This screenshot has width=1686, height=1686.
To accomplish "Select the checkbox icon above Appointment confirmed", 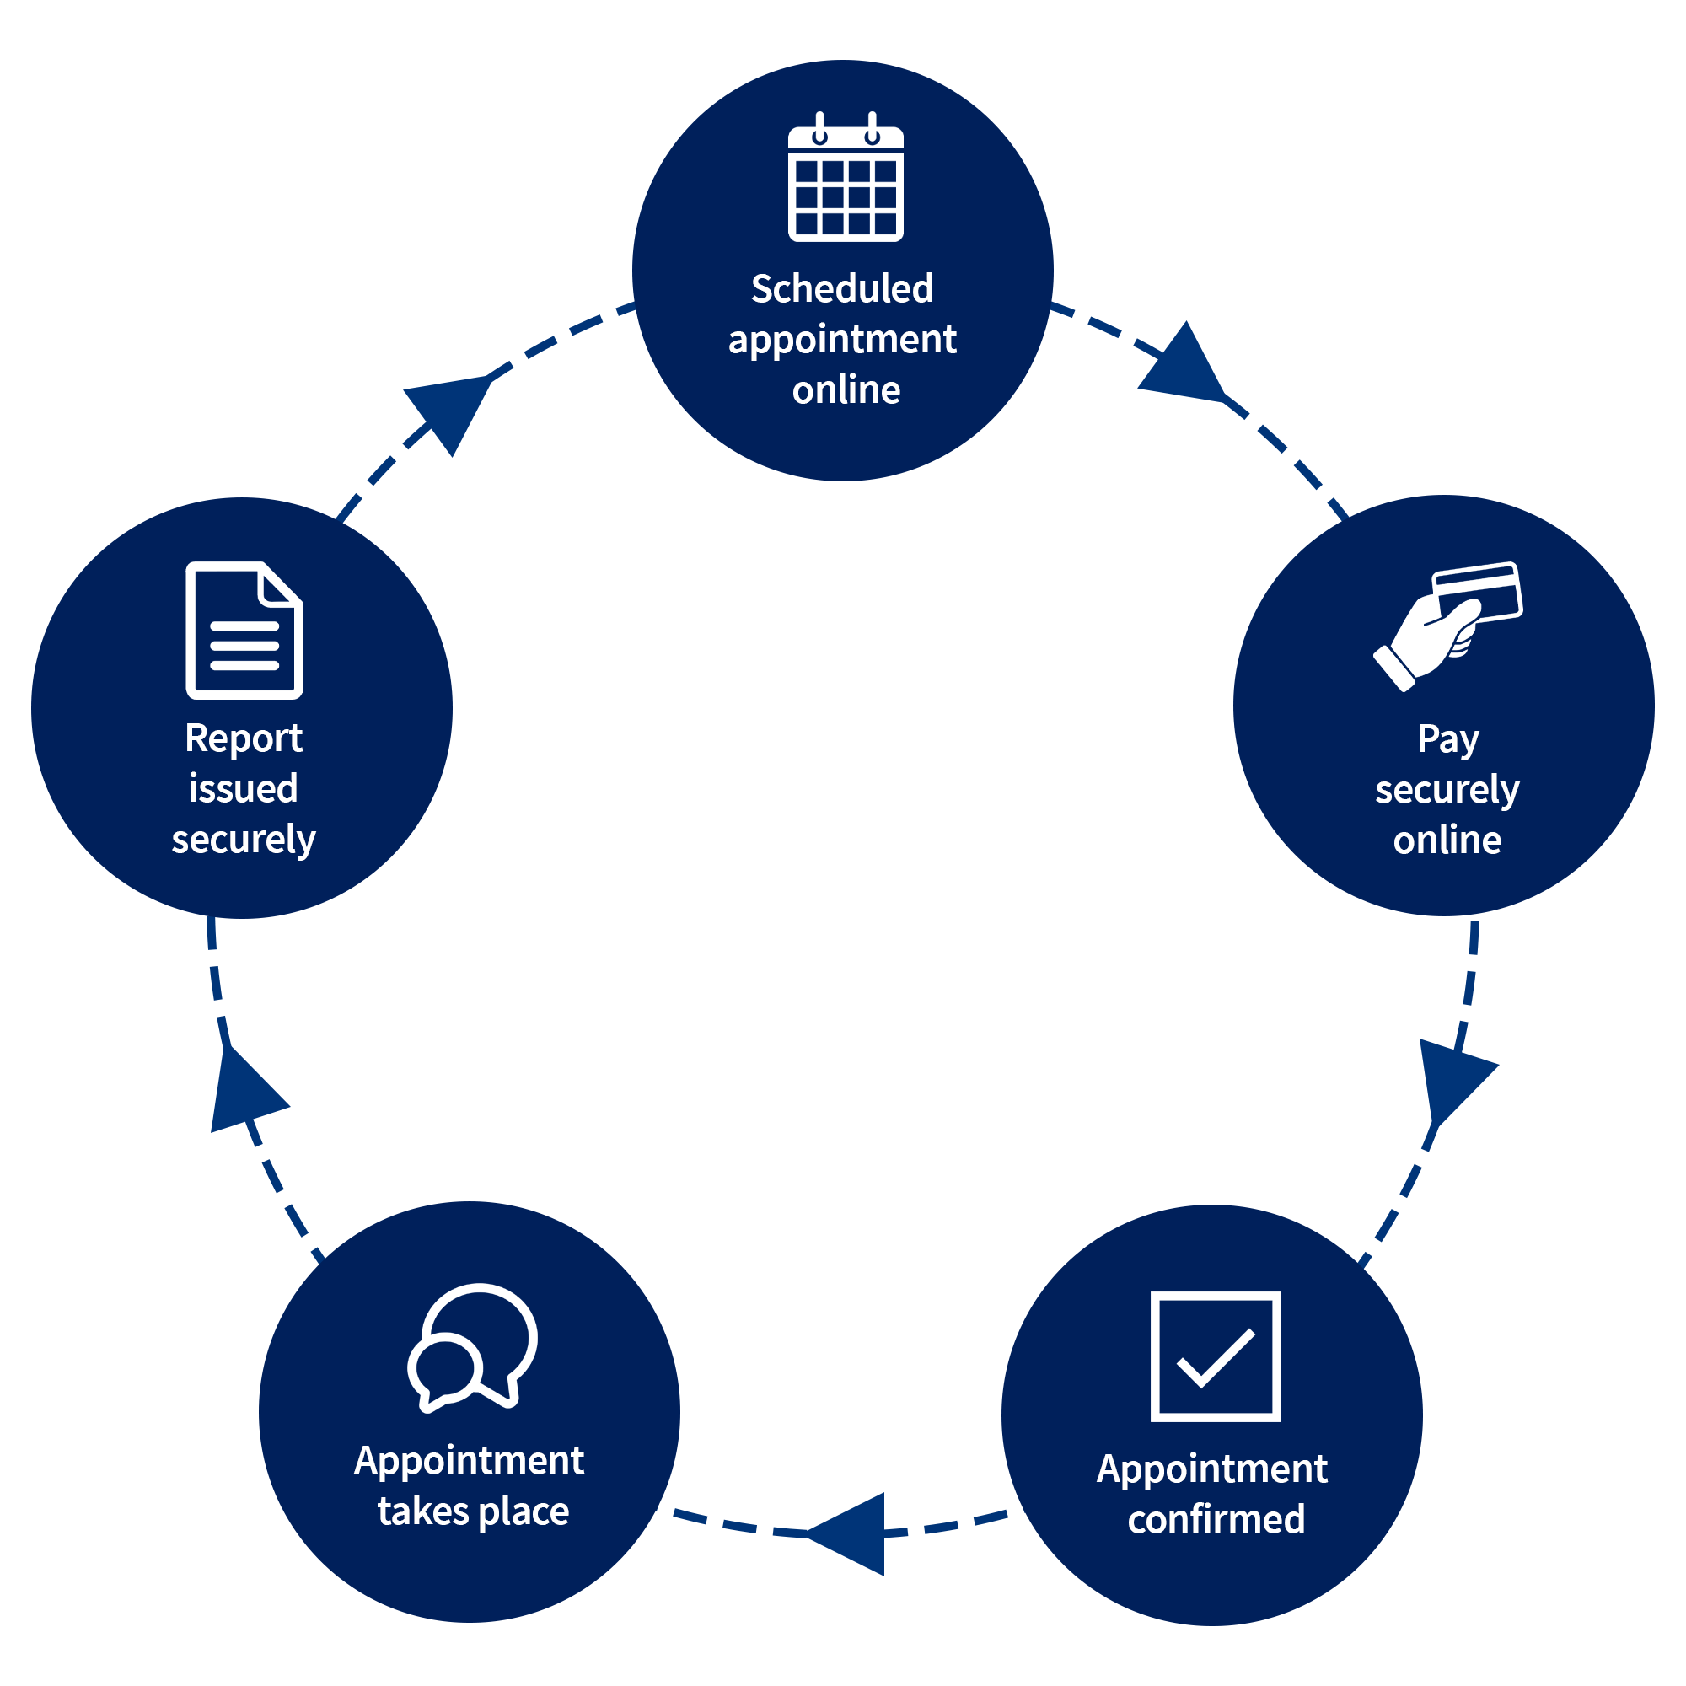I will coord(1216,1356).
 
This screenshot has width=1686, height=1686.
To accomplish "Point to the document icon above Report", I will coord(244,630).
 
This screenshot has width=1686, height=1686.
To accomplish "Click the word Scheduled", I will coord(842,289).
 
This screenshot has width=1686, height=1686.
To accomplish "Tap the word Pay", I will coord(1447,739).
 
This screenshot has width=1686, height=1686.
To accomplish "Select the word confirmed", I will coord(1216,1519).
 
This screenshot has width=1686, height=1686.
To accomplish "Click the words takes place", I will coord(473,1511).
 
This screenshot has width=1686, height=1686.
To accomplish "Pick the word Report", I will coord(244,738).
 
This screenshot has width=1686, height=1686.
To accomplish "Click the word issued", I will coord(244,789).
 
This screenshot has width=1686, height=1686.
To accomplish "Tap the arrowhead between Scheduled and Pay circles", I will coord(1183,367).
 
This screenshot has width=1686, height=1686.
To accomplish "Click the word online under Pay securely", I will coord(1447,840).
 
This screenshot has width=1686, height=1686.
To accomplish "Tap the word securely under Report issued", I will coord(244,840).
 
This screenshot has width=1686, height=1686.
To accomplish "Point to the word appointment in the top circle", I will coord(842,341).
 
